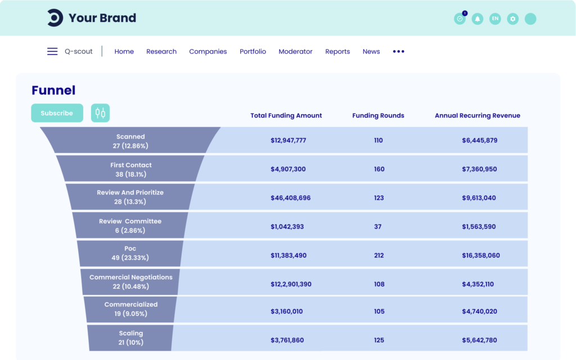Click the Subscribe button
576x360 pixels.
pyautogui.click(x=57, y=113)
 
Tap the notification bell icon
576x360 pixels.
pyautogui.click(x=478, y=19)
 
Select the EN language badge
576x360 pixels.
pyautogui.click(x=495, y=19)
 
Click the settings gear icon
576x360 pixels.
pyautogui.click(x=512, y=19)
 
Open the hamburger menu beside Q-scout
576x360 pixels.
pyautogui.click(x=52, y=51)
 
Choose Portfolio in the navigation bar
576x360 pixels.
pyautogui.click(x=253, y=51)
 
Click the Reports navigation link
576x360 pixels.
pyautogui.click(x=337, y=51)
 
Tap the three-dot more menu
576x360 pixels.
pyautogui.click(x=399, y=51)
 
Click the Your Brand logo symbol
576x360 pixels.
pyautogui.click(x=55, y=18)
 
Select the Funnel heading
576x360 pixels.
pyautogui.click(x=53, y=90)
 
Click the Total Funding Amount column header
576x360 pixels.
pyautogui.click(x=286, y=115)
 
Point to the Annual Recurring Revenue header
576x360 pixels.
pyautogui.click(x=478, y=115)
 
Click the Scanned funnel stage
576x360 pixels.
pyautogui.click(x=130, y=141)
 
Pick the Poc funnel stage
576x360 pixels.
pyautogui.click(x=130, y=253)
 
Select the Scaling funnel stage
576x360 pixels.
pyautogui.click(x=130, y=337)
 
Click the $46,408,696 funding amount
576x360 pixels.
pyautogui.click(x=290, y=198)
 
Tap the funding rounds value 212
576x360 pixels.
pyautogui.click(x=379, y=255)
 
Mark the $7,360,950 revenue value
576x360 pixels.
pyautogui.click(x=479, y=169)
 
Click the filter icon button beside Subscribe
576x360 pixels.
pyautogui.click(x=100, y=113)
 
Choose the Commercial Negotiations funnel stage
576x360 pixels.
pyautogui.click(x=130, y=282)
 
